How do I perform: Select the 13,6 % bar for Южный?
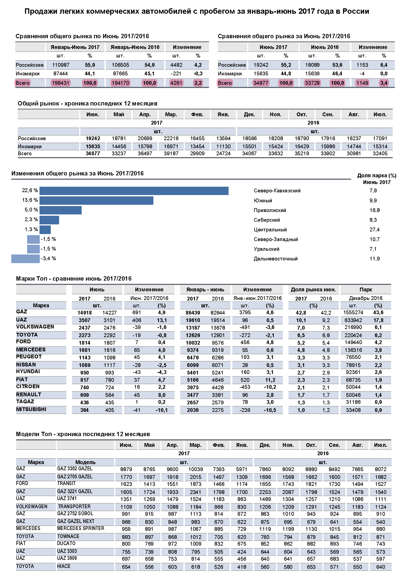(96, 200)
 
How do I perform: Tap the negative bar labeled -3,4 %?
(26, 259)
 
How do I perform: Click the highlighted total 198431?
(61, 83)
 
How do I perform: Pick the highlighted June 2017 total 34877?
(261, 83)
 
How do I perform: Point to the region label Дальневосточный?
(276, 259)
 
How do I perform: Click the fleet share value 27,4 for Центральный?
(374, 229)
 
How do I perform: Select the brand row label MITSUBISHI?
(31, 409)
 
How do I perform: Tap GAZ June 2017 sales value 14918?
(85, 313)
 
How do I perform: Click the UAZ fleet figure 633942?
(353, 320)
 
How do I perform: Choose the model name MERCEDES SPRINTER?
(81, 528)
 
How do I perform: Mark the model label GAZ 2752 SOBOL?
(75, 513)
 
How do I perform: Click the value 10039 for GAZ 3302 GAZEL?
(196, 469)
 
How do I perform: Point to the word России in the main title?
(356, 11)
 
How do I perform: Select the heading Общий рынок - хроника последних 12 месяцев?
(88, 104)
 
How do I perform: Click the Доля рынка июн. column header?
(313, 289)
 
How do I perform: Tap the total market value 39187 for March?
(171, 153)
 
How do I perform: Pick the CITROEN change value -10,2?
(270, 387)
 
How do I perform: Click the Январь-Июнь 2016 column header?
(135, 47)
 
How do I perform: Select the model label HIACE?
(64, 566)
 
